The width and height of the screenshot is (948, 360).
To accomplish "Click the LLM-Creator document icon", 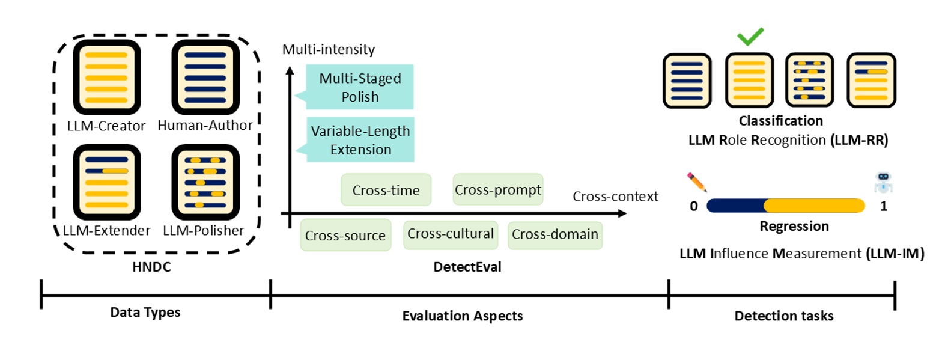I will coord(106,76).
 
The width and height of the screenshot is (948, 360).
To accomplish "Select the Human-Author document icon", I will coord(205,76).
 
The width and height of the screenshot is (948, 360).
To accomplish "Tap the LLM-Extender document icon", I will coord(106,182).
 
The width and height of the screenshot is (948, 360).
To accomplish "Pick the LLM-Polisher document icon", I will coord(205,182).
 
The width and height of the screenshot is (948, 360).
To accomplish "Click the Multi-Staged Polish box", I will coord(360,87).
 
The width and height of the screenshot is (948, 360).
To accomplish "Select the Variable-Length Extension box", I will coord(360,139).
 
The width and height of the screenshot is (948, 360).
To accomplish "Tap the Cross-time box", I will coord(386,190).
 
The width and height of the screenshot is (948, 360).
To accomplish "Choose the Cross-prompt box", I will coord(497,189).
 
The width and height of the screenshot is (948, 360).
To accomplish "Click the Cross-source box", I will coord(345,235).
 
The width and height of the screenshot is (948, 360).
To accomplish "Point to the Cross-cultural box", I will coord(450,234).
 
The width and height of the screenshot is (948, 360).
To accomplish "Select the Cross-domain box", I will coord(555,234).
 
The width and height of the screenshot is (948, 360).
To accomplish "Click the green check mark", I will coord(750,37).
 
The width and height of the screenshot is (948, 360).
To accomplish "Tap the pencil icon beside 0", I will coord(697,182).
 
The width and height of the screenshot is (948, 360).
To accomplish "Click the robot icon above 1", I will coord(883,182).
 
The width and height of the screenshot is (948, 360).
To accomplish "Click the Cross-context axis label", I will coord(615,197).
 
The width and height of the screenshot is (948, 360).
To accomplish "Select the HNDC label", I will coord(151,267).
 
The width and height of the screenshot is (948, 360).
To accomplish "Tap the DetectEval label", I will coord(467,267).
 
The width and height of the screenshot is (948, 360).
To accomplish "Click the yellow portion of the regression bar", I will coord(814,206).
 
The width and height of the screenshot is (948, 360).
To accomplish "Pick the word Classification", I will coord(780,121).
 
